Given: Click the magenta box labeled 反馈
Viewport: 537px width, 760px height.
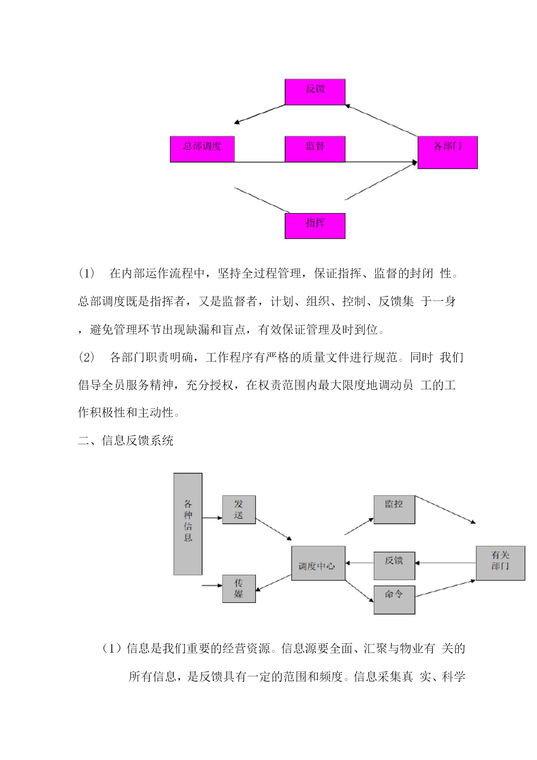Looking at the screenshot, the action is (x=315, y=92).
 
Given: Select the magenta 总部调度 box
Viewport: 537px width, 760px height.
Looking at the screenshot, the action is (x=202, y=149).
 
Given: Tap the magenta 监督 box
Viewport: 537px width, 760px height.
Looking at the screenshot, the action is (x=315, y=149).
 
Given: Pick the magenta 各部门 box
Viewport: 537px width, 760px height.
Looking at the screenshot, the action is (x=447, y=152).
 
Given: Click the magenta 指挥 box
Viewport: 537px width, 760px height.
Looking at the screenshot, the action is (x=315, y=226).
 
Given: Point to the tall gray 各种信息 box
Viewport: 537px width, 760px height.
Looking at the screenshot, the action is (x=188, y=524).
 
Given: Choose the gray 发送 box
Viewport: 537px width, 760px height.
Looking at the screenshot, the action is (x=239, y=509).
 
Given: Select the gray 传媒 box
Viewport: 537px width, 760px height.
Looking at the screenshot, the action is (x=239, y=588).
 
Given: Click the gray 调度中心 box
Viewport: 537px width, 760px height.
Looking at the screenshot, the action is (x=318, y=563).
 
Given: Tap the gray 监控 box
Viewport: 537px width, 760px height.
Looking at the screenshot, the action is (x=394, y=509).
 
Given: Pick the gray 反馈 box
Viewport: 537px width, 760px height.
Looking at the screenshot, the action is (x=394, y=566).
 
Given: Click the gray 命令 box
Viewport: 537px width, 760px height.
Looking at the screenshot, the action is (x=394, y=600).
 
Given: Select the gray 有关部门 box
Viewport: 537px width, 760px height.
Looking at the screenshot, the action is (x=500, y=563).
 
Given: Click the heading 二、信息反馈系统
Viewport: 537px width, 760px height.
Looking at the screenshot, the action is (x=126, y=441).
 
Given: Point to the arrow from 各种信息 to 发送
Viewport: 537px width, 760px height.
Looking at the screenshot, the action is (x=212, y=518).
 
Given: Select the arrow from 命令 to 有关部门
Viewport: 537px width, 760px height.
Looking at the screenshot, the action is (x=445, y=588).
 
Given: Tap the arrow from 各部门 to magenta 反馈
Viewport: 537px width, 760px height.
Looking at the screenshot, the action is (x=381, y=120).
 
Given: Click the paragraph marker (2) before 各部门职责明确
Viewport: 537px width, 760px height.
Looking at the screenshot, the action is (x=87, y=357).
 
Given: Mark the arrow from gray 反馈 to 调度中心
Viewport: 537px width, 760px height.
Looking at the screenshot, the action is (x=360, y=563).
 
